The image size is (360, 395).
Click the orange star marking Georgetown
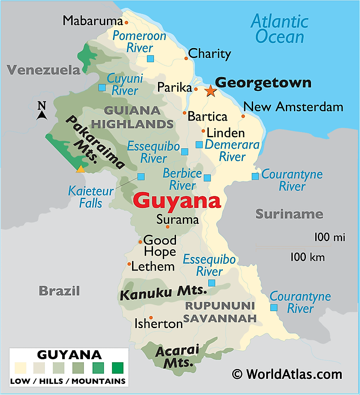pos(210,90)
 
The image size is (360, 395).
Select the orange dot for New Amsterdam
pos(243,116)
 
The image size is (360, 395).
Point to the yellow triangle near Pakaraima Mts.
pos(80,169)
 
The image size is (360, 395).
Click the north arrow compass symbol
pos(41,111)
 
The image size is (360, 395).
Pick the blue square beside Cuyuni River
pos(102,87)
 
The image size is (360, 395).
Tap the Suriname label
pos(289,214)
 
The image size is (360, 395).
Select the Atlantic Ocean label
pos(279,29)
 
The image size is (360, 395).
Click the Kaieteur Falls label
pos(91,197)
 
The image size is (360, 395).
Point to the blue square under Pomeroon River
pos(150,59)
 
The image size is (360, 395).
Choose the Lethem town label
pos(153,267)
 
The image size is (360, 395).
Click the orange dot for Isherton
pos(150,317)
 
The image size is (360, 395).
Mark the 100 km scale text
pos(308,257)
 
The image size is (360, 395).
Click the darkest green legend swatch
pos(117,367)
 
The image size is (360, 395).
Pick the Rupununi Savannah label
pos(220,312)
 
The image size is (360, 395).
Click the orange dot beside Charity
pos(186,58)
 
